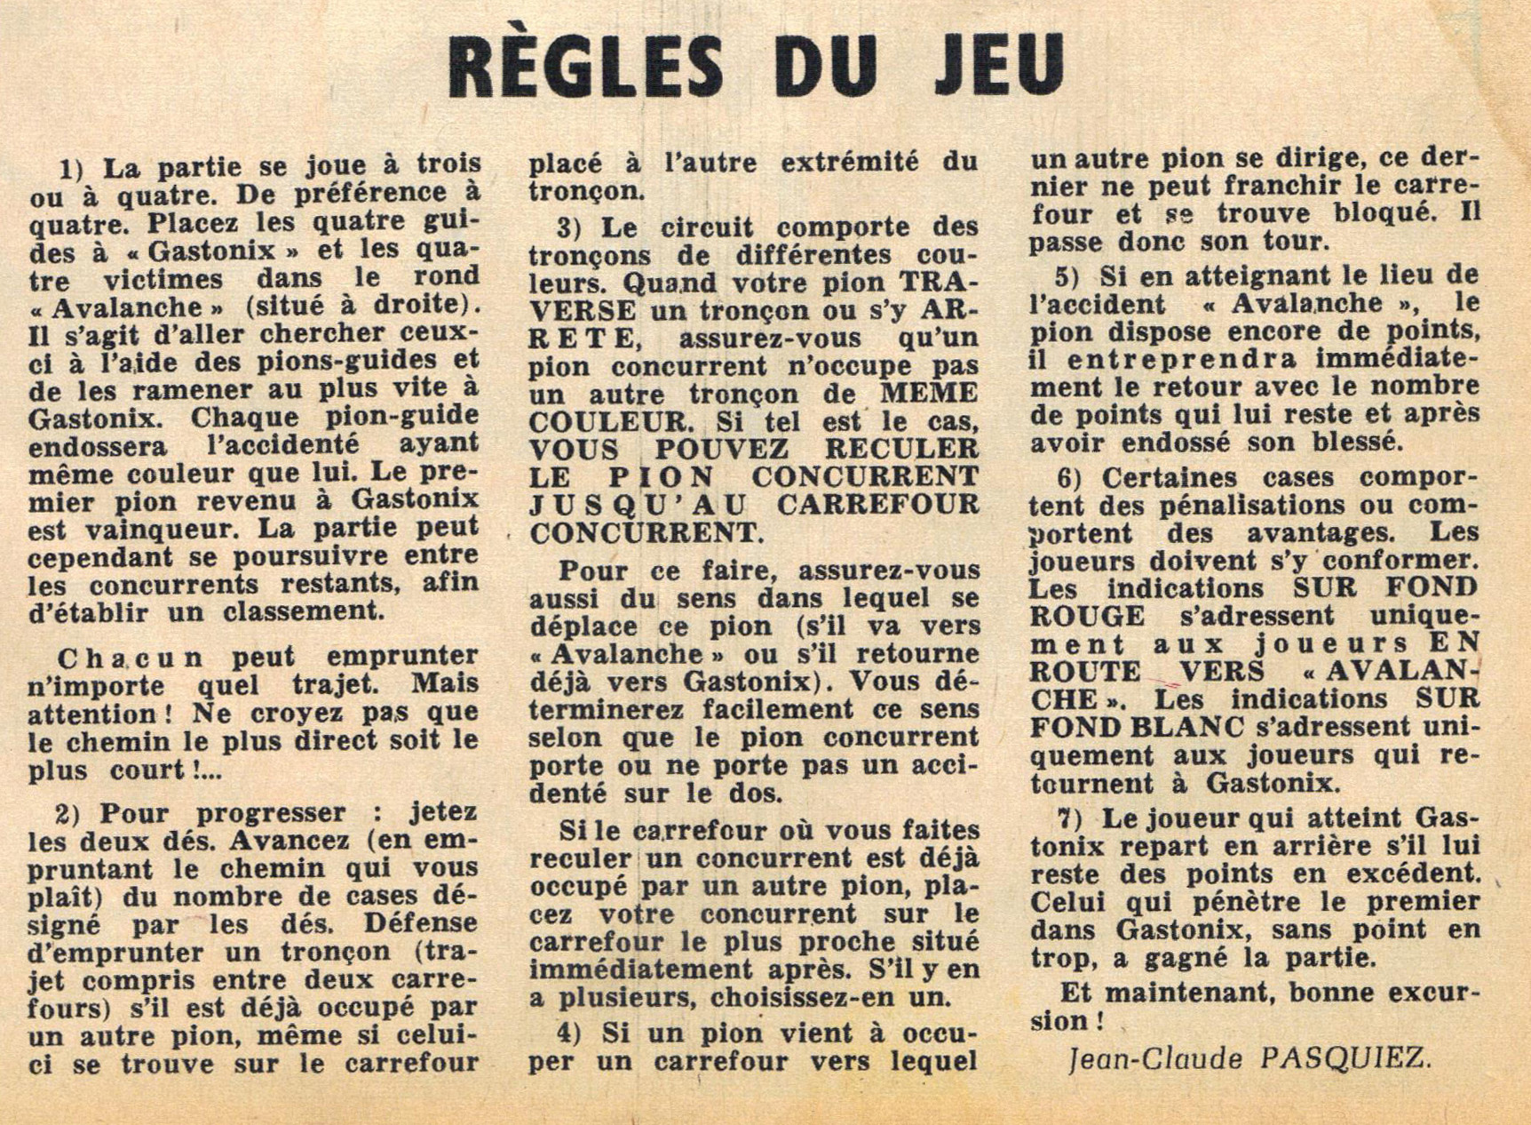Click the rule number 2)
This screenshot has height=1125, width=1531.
[72, 814]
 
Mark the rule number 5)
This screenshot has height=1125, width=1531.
[1067, 275]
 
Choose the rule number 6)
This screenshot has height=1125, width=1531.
[1070, 478]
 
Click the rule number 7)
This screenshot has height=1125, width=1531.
[1071, 818]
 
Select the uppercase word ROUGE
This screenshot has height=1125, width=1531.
[1087, 616]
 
